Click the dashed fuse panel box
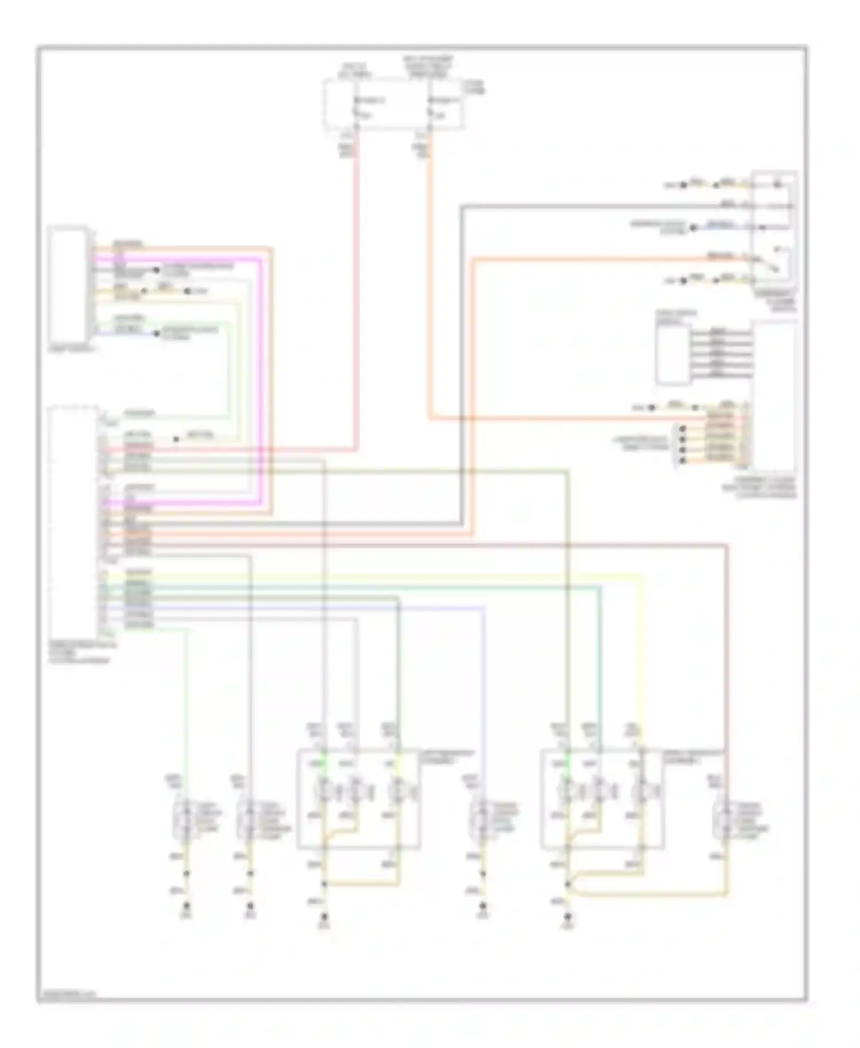point(393,104)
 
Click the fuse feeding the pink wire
point(356,109)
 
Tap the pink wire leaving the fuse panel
point(356,287)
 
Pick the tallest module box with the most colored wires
point(73,522)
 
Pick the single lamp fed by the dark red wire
point(726,819)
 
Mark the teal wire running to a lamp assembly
point(600,659)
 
